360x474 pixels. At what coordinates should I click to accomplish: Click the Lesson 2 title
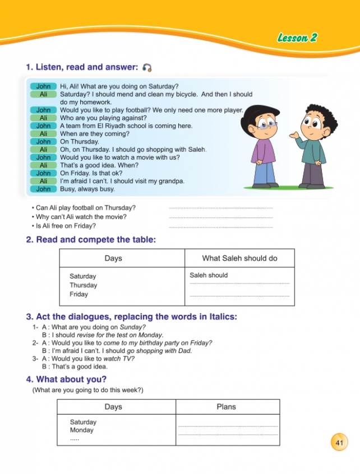click(x=297, y=38)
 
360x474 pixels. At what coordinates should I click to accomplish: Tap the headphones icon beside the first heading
click(x=147, y=68)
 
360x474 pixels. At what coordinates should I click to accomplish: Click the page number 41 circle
click(x=339, y=442)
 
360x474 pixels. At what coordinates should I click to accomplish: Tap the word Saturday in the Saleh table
click(x=82, y=276)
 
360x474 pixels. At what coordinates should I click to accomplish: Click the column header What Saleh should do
click(x=239, y=258)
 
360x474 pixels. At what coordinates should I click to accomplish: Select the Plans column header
click(x=227, y=407)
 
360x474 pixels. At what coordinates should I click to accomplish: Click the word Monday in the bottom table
click(x=82, y=430)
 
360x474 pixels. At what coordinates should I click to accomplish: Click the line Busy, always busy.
click(x=87, y=189)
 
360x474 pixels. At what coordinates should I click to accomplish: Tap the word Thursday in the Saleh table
click(x=83, y=285)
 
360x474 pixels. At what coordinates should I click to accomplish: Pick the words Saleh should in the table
click(x=209, y=275)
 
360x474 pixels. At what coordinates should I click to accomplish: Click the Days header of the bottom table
click(x=113, y=407)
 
